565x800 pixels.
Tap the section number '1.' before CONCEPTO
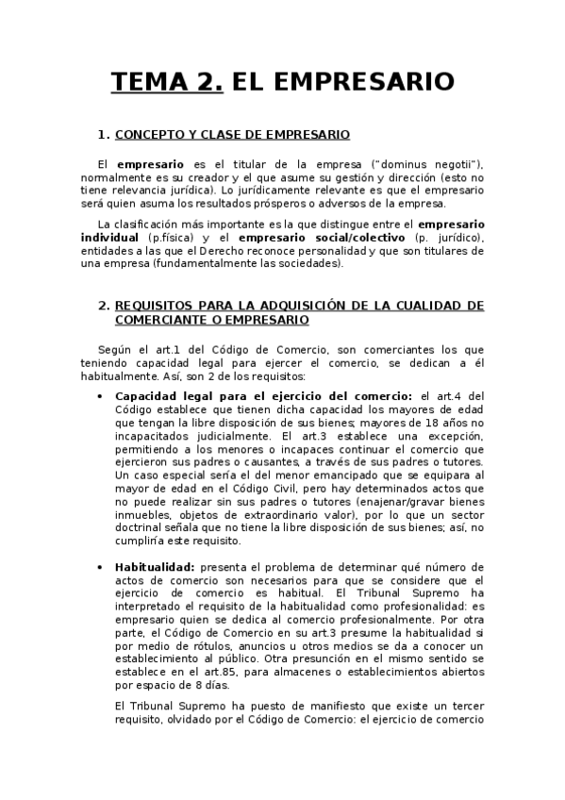coord(104,135)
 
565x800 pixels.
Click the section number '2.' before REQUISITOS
coord(104,306)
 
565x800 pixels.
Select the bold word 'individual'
coord(115,238)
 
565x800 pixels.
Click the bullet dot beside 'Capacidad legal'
coord(101,395)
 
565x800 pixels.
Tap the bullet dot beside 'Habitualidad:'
coord(101,567)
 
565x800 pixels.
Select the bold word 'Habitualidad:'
coord(155,567)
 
